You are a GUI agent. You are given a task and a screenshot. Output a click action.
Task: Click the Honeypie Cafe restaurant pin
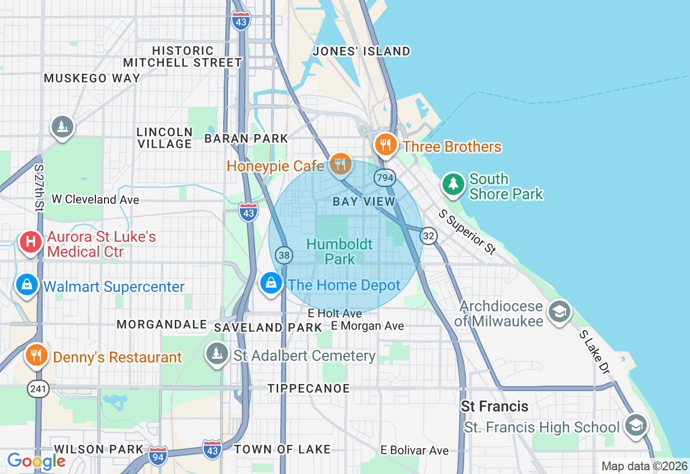pyautogui.click(x=340, y=163)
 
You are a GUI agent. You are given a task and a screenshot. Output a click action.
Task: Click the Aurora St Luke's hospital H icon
pyautogui.click(x=31, y=242)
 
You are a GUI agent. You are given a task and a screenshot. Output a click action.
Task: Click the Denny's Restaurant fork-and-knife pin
pyautogui.click(x=36, y=356)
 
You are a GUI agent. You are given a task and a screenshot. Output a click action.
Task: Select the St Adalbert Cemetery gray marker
pyautogui.click(x=217, y=354)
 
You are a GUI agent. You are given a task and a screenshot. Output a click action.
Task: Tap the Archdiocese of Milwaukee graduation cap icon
pyautogui.click(x=559, y=311)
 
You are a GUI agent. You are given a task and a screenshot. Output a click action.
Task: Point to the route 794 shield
pyautogui.click(x=385, y=178)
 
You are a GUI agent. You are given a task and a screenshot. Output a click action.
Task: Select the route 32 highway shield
pyautogui.click(x=429, y=235)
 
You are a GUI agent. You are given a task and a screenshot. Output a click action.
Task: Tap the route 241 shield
pyautogui.click(x=39, y=388)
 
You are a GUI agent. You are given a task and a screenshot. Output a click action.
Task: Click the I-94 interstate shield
pyautogui.click(x=158, y=454)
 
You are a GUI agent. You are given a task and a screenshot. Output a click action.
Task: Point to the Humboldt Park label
pyautogui.click(x=340, y=252)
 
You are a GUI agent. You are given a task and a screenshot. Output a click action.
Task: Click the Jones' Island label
pyautogui.click(x=362, y=51)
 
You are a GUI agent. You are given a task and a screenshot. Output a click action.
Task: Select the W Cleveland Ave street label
pyautogui.click(x=95, y=200)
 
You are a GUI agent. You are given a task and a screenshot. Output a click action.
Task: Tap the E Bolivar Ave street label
pyautogui.click(x=414, y=450)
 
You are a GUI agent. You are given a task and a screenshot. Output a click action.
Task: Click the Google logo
pyautogui.click(x=36, y=461)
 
